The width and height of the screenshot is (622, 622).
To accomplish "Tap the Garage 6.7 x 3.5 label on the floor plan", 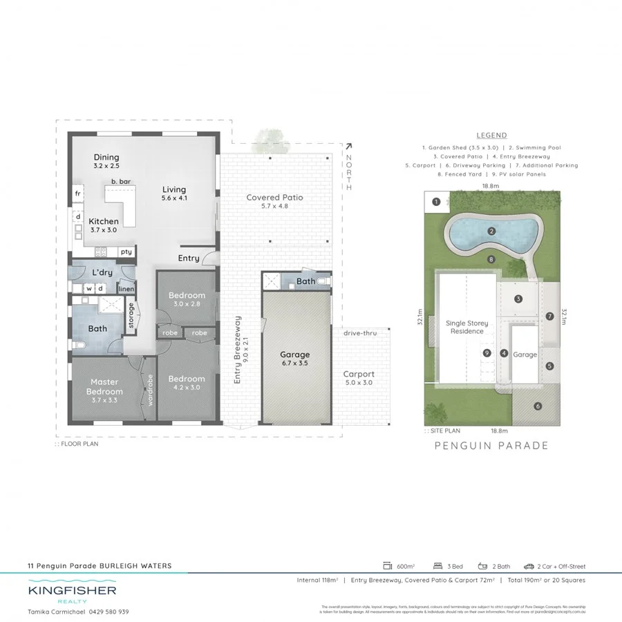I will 294,359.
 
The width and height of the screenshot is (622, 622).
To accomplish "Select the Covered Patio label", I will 275,201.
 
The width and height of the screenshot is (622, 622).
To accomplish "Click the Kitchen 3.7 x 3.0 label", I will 104,225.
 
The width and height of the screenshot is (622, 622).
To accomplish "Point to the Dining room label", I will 106,162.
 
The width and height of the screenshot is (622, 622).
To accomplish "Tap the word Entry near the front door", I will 189,258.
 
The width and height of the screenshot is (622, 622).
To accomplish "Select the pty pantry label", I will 126,252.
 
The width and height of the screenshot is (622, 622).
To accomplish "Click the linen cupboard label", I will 126,289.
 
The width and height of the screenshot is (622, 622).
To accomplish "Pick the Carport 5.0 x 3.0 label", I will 358,378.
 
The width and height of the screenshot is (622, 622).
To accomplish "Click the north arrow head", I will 348,146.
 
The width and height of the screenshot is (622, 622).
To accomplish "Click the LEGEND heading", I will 491,135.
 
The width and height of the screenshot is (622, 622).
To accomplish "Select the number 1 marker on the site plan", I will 436,202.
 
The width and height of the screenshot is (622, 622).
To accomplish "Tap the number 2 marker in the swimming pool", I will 491,231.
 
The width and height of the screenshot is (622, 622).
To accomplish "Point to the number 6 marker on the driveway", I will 538,406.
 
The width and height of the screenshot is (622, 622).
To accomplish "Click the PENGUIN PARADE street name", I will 491,446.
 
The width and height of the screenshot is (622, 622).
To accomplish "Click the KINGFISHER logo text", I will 72,591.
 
